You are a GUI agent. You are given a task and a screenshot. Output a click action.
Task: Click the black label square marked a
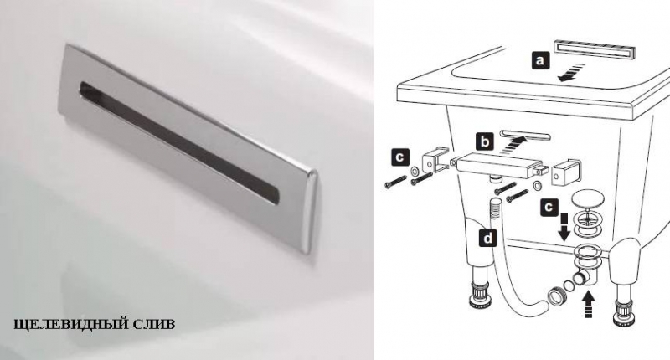(540, 60)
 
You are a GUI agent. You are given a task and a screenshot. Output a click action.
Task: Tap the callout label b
(485, 141)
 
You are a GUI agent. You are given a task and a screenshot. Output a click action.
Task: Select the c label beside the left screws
(399, 157)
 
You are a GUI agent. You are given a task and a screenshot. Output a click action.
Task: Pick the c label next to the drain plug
(549, 207)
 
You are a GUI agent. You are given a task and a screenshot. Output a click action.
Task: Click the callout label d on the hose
(488, 238)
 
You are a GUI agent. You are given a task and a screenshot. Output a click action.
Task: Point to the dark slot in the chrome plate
(178, 141)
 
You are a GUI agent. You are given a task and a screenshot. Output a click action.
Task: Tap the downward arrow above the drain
(564, 227)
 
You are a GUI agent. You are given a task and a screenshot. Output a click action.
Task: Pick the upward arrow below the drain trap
(589, 304)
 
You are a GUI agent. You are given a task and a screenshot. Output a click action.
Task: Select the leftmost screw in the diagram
(395, 182)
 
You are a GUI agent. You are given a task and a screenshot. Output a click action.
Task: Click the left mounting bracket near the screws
(435, 160)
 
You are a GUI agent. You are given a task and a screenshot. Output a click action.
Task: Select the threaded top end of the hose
(496, 207)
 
